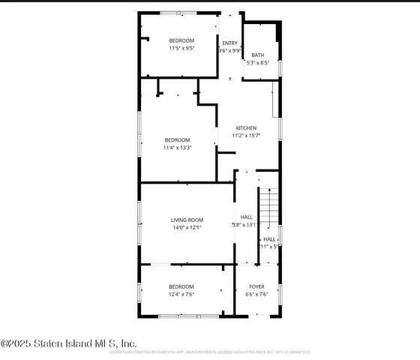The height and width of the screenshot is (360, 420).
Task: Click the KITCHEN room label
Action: point(246,128)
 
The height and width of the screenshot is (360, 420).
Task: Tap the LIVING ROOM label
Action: point(187,220)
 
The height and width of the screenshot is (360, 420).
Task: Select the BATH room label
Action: point(257,55)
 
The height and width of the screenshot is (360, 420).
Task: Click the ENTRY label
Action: point(229,43)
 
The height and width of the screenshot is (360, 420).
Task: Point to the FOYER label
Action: point(256,286)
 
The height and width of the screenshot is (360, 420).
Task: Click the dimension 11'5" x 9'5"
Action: point(181,48)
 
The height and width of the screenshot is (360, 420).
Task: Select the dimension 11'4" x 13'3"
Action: point(177,148)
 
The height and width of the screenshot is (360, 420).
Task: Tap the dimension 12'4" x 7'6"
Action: point(181,295)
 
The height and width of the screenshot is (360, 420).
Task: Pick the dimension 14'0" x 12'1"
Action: point(187,227)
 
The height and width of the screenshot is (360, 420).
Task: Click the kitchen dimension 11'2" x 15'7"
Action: point(246,136)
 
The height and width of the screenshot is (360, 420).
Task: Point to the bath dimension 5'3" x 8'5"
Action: point(257,63)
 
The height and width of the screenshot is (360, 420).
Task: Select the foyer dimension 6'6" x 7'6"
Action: point(256,295)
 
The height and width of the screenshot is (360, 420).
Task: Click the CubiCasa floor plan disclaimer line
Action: point(210,352)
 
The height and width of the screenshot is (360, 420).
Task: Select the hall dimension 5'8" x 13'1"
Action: point(245,224)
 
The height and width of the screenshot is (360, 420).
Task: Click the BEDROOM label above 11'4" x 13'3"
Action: point(177,140)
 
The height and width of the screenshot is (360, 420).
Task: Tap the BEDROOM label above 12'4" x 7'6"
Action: point(181,286)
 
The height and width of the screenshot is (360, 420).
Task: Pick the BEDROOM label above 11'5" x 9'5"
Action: point(181,40)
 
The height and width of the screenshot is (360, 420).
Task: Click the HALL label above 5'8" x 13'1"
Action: point(246,217)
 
